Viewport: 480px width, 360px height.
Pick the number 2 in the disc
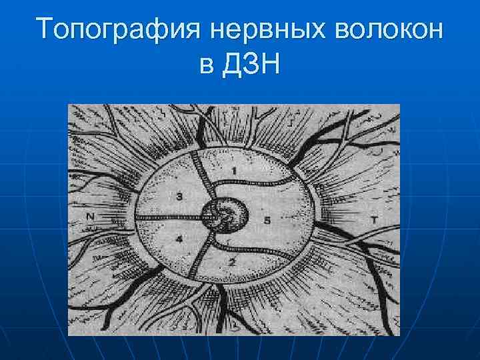(x=231, y=261)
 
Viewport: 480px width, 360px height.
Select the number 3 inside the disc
(x=179, y=196)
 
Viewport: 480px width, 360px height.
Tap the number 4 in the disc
(x=179, y=239)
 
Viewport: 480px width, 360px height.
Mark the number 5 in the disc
(x=267, y=221)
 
